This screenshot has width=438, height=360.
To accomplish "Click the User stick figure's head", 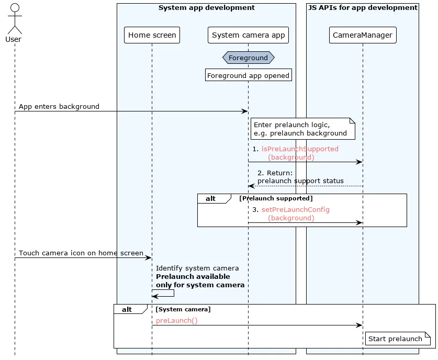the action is pos(15,7).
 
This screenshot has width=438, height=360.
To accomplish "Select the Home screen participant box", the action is pos(152,35).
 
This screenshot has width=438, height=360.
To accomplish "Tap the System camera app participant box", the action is pos(248,35).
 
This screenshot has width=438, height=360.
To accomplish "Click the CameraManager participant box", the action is pos(363,35).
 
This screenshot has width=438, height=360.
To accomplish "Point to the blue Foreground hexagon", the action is pos(249,58).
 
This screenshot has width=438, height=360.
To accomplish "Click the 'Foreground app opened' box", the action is pos(249,75).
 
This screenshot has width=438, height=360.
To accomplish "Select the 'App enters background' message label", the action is pos(59,106).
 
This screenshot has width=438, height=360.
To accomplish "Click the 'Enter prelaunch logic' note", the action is pos(303,129).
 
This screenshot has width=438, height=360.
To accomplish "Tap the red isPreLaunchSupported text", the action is pos(300,149).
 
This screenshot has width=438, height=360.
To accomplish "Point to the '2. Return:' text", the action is pos(275,173).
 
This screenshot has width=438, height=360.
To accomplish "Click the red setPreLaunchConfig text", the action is pos(295,209).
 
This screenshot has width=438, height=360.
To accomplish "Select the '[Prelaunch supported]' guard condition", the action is pos(276,198).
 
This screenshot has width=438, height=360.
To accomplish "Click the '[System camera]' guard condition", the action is pos(183,309).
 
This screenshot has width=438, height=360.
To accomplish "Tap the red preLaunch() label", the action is pos(176,320).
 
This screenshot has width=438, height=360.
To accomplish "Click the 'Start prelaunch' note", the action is pos(398,339).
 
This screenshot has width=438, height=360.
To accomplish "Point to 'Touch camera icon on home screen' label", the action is pos(81,253).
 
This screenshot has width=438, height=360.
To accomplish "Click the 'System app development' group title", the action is pos(206,7).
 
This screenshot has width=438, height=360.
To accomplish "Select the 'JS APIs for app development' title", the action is pos(363,7).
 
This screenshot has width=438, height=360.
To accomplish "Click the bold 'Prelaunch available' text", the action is pos(193,276).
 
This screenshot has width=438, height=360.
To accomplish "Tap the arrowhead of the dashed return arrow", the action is pos(250,186).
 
